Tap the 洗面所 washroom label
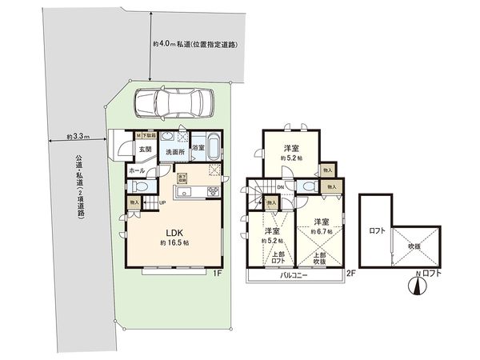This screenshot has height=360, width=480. tap(174, 150)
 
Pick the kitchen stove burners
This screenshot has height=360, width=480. tap(214, 190)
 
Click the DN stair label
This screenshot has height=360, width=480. tap(279, 189)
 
